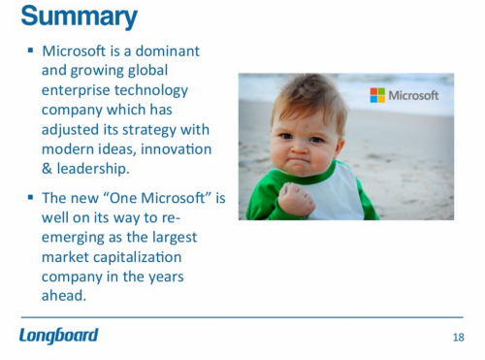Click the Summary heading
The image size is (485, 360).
[79, 16]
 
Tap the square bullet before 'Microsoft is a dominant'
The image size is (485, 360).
[30, 49]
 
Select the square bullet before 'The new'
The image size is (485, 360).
[30, 198]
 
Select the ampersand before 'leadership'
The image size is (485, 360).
[48, 168]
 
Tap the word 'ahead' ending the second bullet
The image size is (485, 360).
[64, 297]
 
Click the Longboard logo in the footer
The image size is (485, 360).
[58, 336]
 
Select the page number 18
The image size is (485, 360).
[458, 337]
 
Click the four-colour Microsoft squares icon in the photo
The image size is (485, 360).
[377, 95]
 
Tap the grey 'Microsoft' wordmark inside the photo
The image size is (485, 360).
[413, 95]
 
